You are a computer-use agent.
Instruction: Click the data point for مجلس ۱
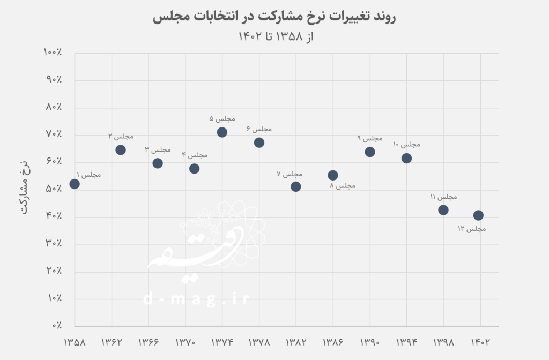click(75, 184)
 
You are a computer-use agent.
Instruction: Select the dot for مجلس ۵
click(222, 132)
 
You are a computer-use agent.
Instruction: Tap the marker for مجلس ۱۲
click(478, 215)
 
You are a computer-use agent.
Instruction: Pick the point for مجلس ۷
click(295, 186)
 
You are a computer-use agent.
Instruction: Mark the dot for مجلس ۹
click(370, 152)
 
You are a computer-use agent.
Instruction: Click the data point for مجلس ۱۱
click(443, 210)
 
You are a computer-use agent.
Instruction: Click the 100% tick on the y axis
click(54, 52)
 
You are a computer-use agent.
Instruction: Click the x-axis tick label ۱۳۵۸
click(75, 341)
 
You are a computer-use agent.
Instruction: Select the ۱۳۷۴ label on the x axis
click(222, 341)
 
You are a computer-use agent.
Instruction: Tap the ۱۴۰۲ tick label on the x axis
click(480, 341)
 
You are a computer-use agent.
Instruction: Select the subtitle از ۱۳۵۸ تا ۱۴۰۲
click(274, 37)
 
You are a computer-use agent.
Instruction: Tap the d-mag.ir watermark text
click(196, 299)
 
